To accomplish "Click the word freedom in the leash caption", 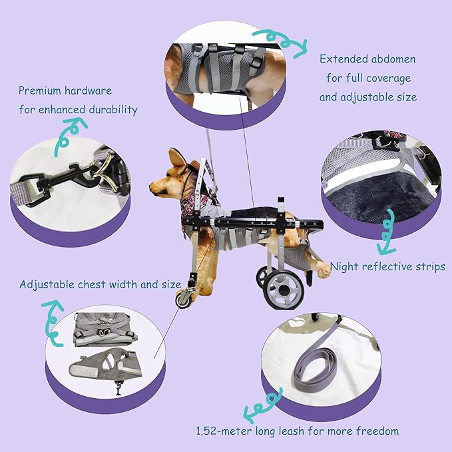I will (377, 431).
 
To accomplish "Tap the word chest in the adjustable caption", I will (93, 285).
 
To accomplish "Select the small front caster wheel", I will (183, 300).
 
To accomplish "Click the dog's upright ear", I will (178, 160).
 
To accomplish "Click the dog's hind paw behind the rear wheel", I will (322, 269).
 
